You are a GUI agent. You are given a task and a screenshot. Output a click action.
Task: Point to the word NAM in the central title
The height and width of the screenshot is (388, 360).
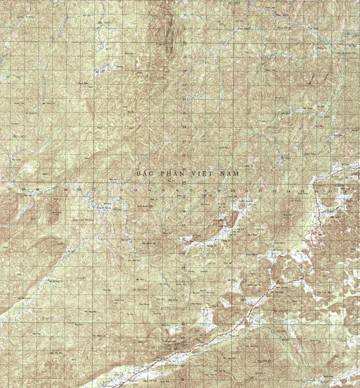(231, 173)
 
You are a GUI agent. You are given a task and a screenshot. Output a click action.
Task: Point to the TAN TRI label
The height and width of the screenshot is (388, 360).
(206, 196)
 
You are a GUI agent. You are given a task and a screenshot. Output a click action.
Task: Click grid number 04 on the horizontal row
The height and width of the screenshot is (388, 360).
(10, 189)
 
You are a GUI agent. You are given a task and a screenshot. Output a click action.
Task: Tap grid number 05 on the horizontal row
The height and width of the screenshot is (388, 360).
(23, 189)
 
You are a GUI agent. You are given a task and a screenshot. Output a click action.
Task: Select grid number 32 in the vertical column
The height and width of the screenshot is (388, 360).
(185, 15)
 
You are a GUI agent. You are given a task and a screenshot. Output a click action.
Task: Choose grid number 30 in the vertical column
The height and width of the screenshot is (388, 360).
(185, 43)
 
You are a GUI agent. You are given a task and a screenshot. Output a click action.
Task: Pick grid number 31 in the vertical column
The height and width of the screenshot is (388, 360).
(185, 29)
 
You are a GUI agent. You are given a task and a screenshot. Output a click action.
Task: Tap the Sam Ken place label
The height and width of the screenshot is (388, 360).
(79, 325)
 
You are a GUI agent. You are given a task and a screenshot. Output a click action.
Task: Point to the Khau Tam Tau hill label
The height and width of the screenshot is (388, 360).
(254, 285)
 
